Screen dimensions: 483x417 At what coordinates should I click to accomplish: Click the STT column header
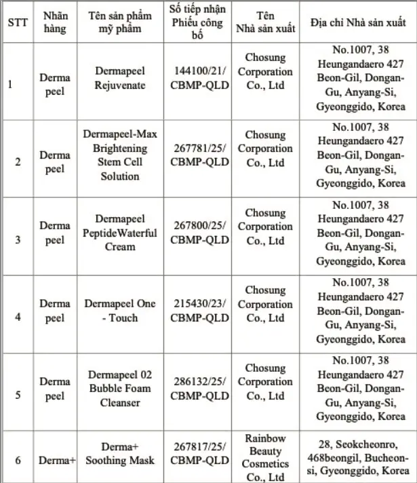coord(17,21)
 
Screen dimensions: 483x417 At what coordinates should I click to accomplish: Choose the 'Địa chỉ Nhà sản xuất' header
coord(358,21)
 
